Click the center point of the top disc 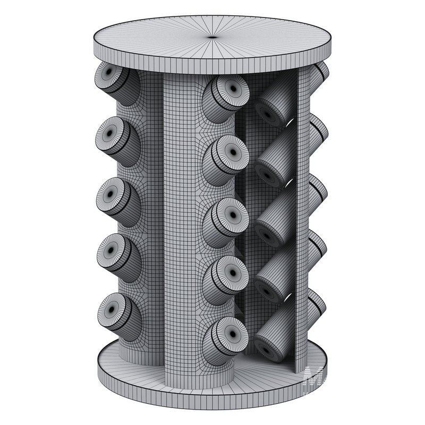tap(212, 36)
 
